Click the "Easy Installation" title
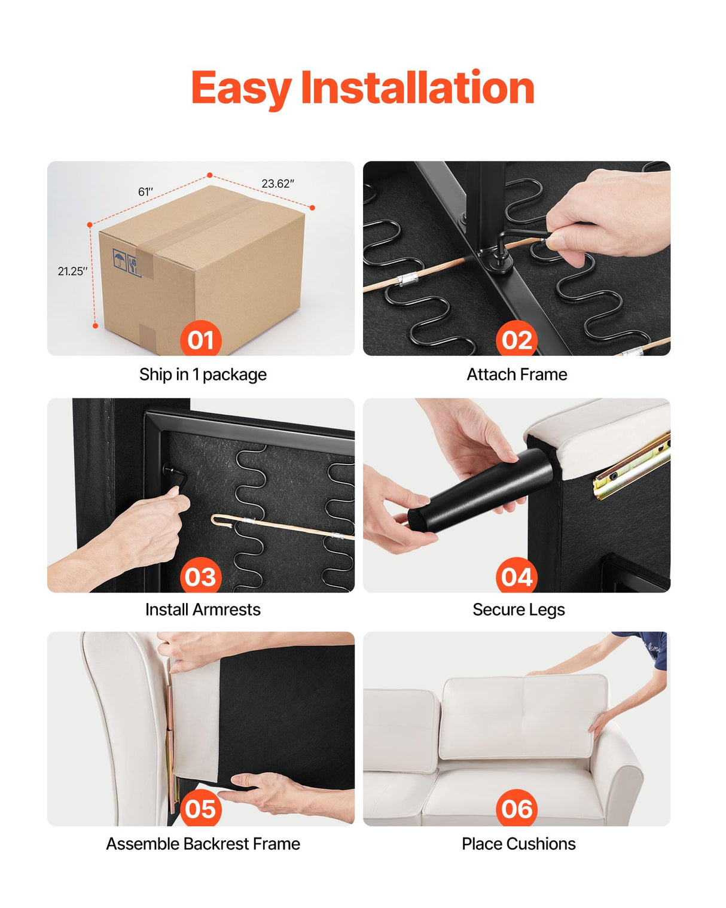(363, 88)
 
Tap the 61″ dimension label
(145, 192)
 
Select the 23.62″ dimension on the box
(277, 184)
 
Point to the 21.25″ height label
(72, 271)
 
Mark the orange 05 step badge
(201, 808)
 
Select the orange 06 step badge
(516, 808)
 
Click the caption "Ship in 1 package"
(203, 374)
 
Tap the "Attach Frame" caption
(517, 374)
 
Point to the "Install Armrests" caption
(203, 610)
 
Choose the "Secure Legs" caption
(518, 610)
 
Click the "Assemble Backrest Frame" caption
(203, 844)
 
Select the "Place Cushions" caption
(518, 844)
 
